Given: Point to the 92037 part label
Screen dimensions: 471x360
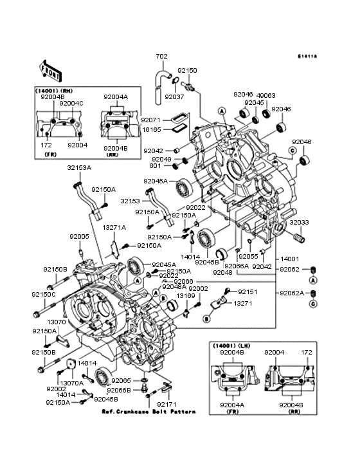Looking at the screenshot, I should pos(174,97).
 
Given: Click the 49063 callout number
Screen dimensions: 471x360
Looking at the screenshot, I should pos(267,95).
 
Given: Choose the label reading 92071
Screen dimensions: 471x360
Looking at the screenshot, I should pos(150,120).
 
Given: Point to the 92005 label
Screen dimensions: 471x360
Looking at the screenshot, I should pos(80,236).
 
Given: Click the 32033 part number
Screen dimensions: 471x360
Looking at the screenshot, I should pos(298,222).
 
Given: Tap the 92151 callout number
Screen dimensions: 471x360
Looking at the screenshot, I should pos(248,291).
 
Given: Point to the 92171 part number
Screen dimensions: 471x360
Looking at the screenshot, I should pos(166,404).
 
